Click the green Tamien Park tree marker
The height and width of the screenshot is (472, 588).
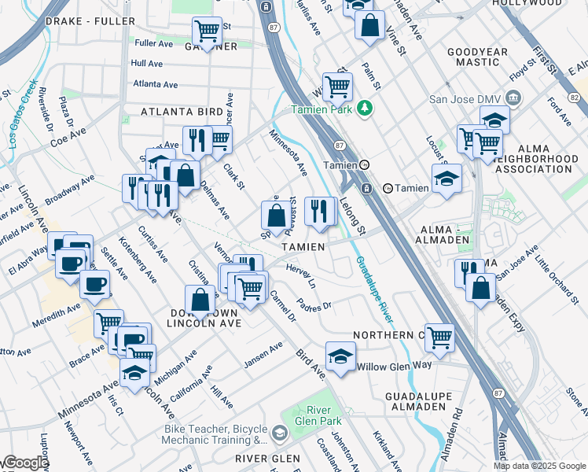[x=363, y=108]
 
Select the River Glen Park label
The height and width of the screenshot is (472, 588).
[x=317, y=415]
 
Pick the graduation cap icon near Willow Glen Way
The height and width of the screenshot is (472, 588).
[x=340, y=355]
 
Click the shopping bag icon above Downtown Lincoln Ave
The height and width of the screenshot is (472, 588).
[x=200, y=300]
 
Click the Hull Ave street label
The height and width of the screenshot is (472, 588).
[x=147, y=63]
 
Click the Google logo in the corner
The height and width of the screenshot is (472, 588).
[x=25, y=463]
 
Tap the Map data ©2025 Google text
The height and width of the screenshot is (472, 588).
[x=538, y=466]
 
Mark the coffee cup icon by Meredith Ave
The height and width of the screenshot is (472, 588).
[x=94, y=285]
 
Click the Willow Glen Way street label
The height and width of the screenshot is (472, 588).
[x=394, y=367]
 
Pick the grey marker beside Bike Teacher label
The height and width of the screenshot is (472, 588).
[x=279, y=433]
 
